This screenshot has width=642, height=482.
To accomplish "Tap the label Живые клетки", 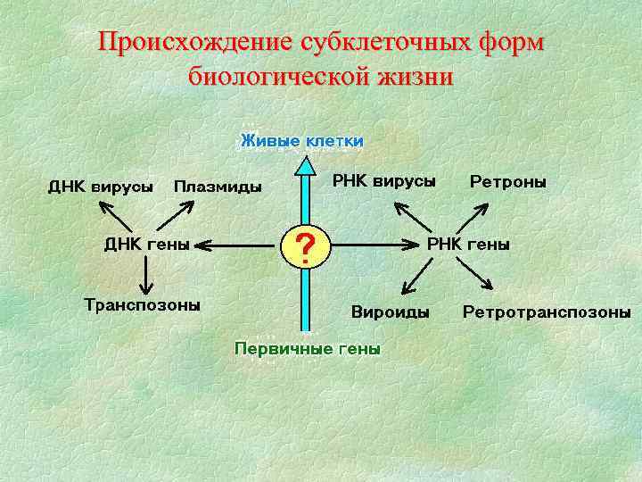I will point(301,141).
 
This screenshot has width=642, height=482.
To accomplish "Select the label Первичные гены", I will point(307,348).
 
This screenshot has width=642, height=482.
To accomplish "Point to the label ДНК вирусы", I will point(100,187).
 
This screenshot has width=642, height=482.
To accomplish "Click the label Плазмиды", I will point(218,187).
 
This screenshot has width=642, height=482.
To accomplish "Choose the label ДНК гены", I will point(147,244).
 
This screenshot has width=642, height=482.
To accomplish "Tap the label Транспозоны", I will point(142,304).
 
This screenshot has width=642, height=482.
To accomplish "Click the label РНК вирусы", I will point(384,181).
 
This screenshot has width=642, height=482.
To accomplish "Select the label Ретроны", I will point(508,181).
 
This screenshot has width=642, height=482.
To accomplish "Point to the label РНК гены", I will point(469,244).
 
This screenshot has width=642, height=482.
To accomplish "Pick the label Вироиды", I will point(390,312).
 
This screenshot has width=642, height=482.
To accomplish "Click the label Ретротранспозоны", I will point(547,312).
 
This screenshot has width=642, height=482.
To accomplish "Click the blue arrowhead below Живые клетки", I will point(306,165).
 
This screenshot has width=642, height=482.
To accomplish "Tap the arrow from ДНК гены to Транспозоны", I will point(146,274).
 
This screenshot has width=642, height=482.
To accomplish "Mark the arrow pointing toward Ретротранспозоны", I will point(474,273).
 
